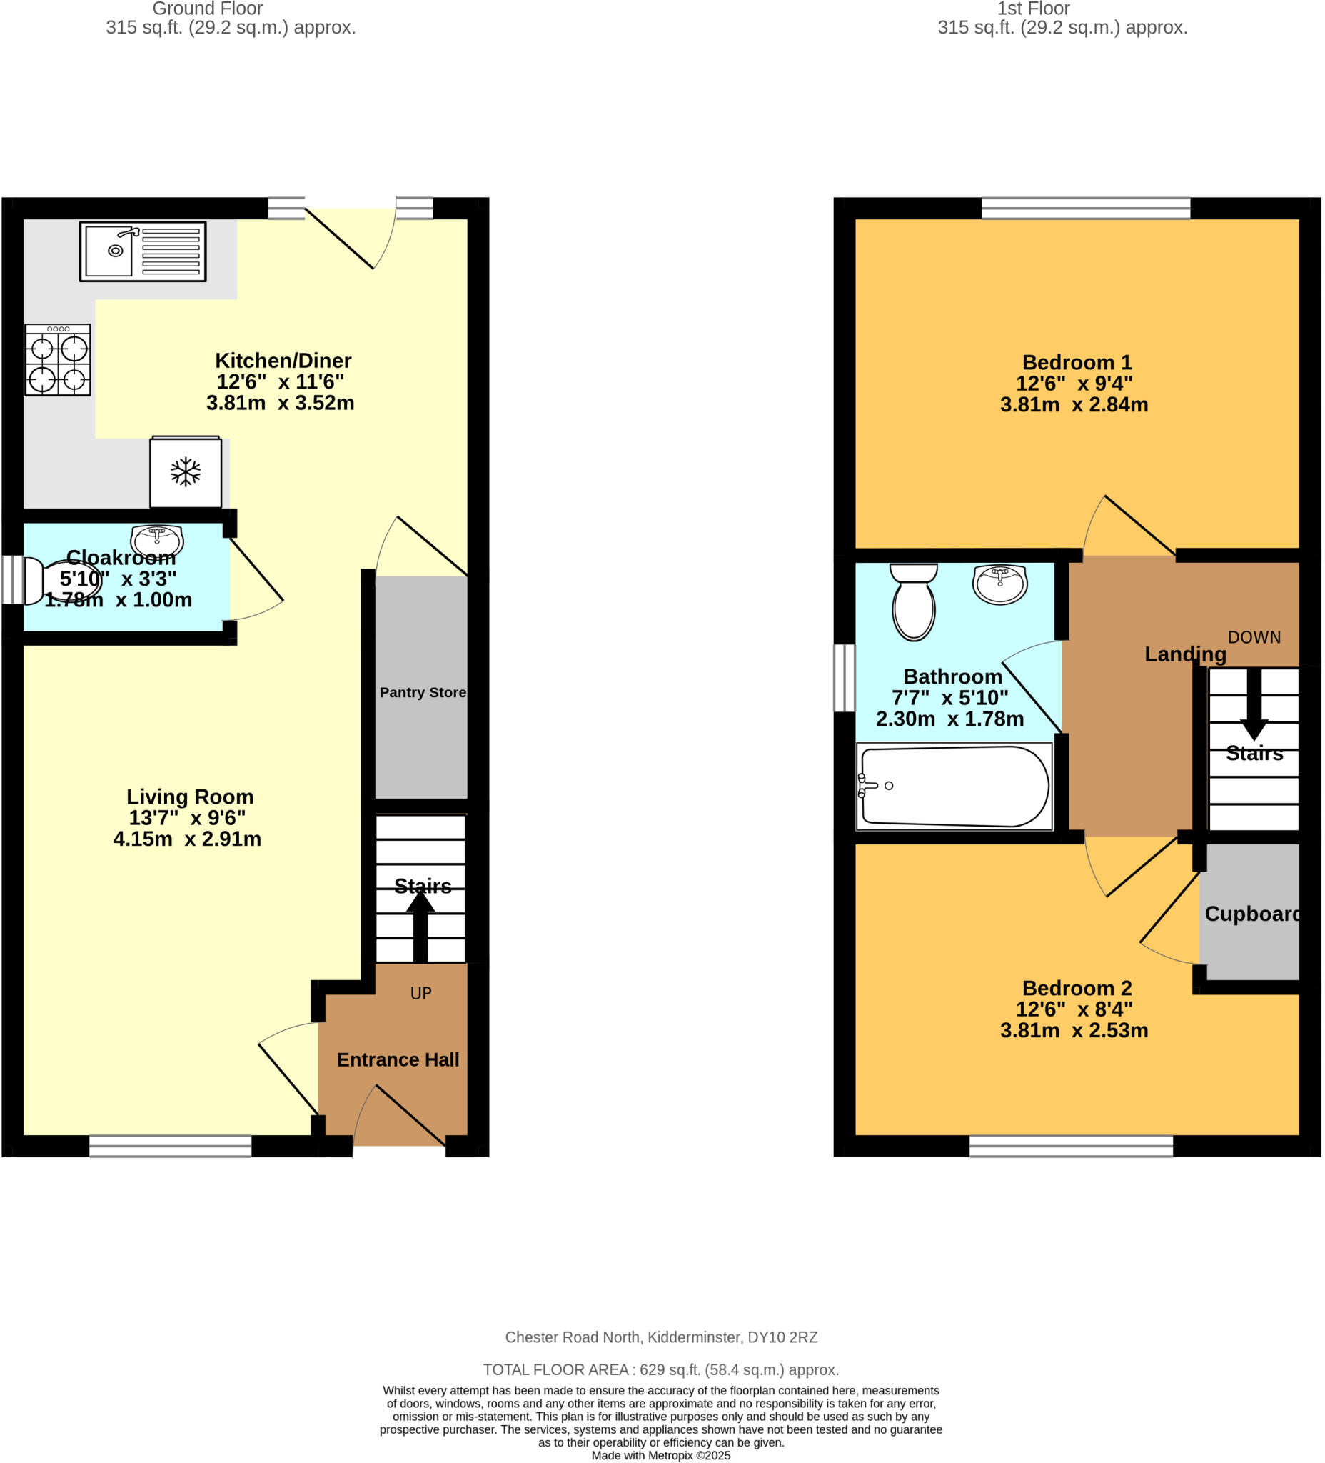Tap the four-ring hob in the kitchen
[58, 360]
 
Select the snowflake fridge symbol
[186, 472]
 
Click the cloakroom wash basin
[156, 540]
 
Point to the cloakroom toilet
[58, 581]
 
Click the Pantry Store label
[423, 692]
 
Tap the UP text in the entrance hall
[420, 994]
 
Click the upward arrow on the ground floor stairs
[420, 925]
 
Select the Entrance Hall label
[398, 1059]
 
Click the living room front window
[171, 1146]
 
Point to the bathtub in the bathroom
[954, 787]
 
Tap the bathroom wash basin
[999, 584]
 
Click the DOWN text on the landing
[1254, 637]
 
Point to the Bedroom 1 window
[1086, 209]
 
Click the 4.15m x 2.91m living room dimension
[187, 839]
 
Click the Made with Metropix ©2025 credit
[660, 1455]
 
